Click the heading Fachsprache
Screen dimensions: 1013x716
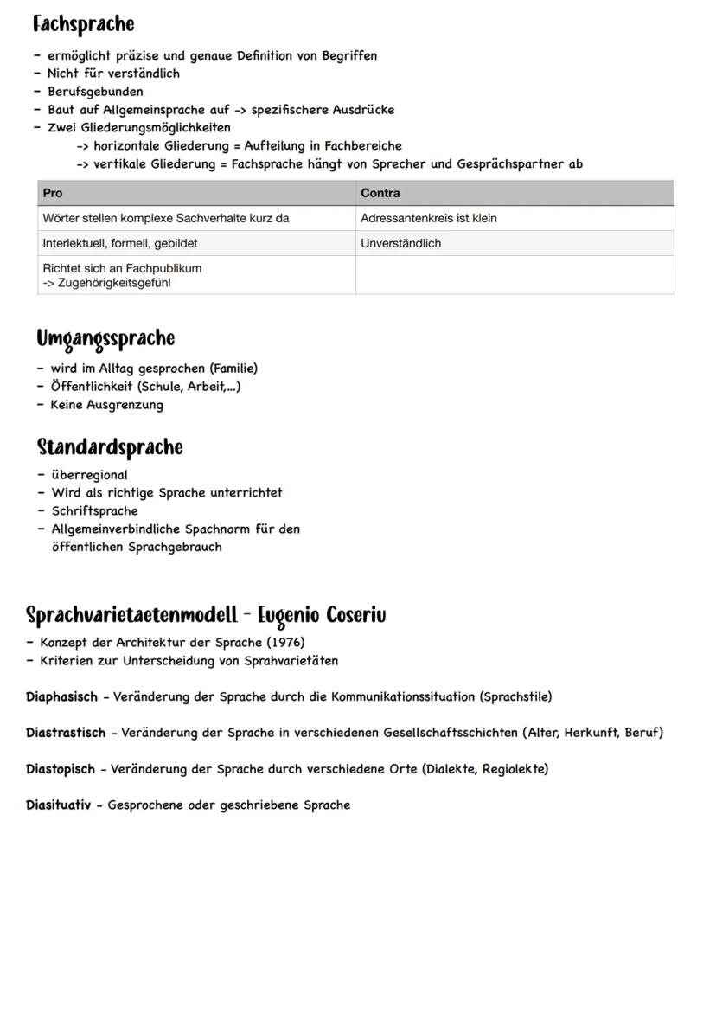83,23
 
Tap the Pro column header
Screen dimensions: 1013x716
53,193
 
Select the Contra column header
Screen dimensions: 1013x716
380,193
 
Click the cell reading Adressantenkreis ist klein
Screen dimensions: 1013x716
428,218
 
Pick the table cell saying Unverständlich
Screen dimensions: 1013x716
400,243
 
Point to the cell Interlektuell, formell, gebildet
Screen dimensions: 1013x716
120,243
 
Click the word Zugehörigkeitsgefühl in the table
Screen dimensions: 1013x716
113,283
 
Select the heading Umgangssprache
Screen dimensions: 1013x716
105,338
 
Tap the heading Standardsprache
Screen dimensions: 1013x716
110,447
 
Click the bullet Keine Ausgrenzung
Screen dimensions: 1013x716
106,404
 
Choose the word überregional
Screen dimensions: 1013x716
89,474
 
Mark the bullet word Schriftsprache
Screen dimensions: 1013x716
94,510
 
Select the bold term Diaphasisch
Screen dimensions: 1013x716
61,696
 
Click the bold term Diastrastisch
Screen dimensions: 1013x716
66,733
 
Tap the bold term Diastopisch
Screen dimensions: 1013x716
61,768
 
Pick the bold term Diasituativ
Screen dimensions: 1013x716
58,805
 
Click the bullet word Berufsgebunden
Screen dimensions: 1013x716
95,91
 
